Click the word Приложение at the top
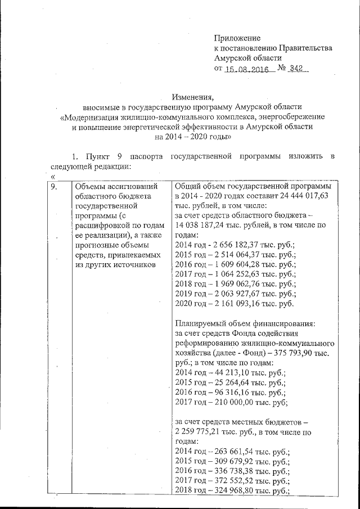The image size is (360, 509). click(237, 38)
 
